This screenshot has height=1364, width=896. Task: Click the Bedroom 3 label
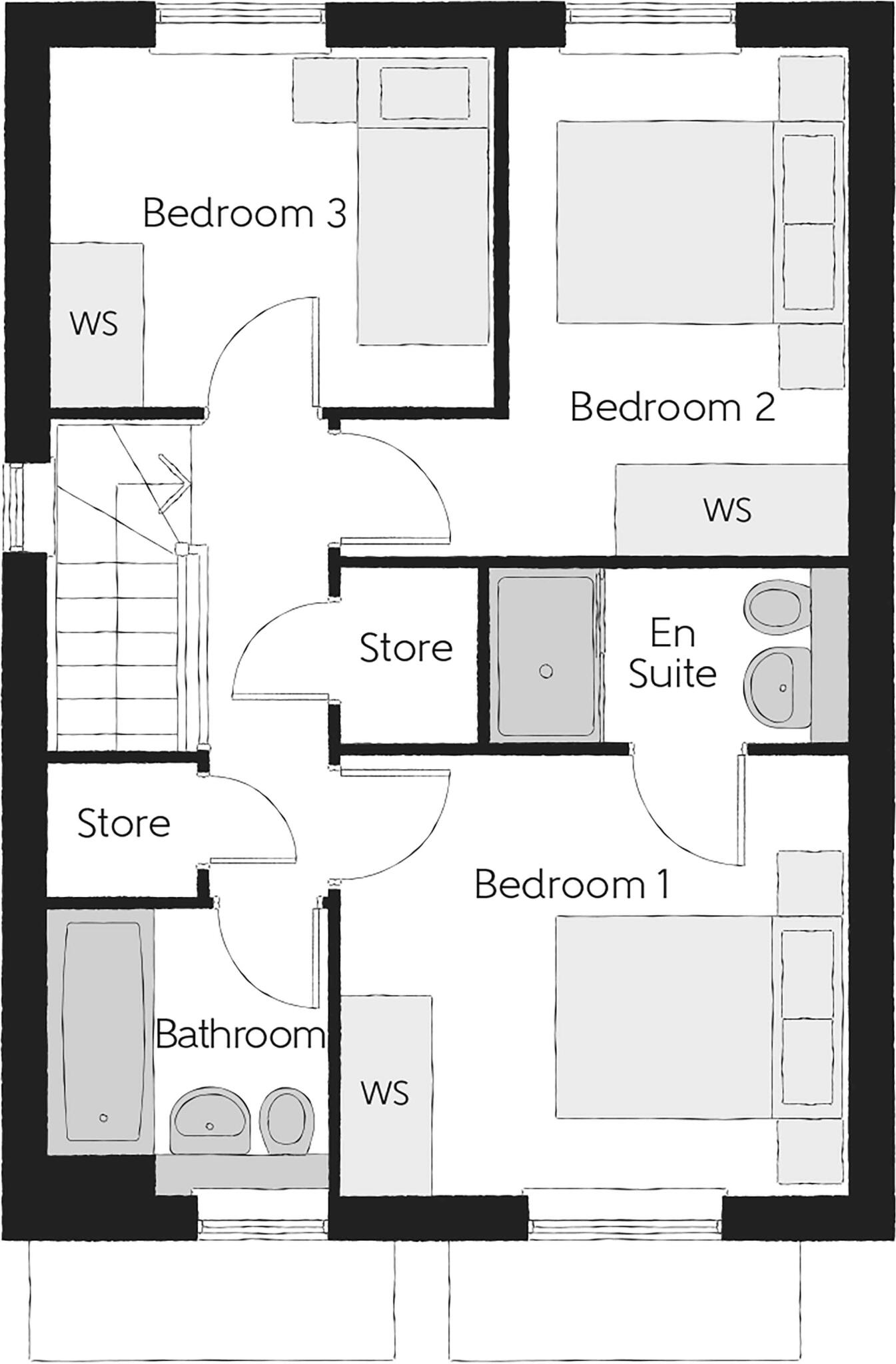point(244,214)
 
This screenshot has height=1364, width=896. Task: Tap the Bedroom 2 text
point(672,407)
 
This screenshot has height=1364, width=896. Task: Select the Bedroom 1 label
point(572,885)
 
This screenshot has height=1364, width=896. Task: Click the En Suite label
point(672,653)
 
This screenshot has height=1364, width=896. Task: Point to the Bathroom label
point(240,1035)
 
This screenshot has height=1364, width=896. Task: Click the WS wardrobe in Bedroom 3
point(95,324)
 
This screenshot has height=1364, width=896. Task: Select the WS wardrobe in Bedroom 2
point(727,510)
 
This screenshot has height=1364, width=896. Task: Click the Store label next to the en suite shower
point(406,647)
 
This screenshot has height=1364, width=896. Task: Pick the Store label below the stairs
point(124,823)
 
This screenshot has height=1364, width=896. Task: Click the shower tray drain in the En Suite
point(546,671)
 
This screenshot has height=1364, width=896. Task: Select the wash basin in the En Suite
point(774,685)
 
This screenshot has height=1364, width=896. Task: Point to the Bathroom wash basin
point(209,1121)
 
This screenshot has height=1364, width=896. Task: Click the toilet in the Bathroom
point(286,1120)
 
